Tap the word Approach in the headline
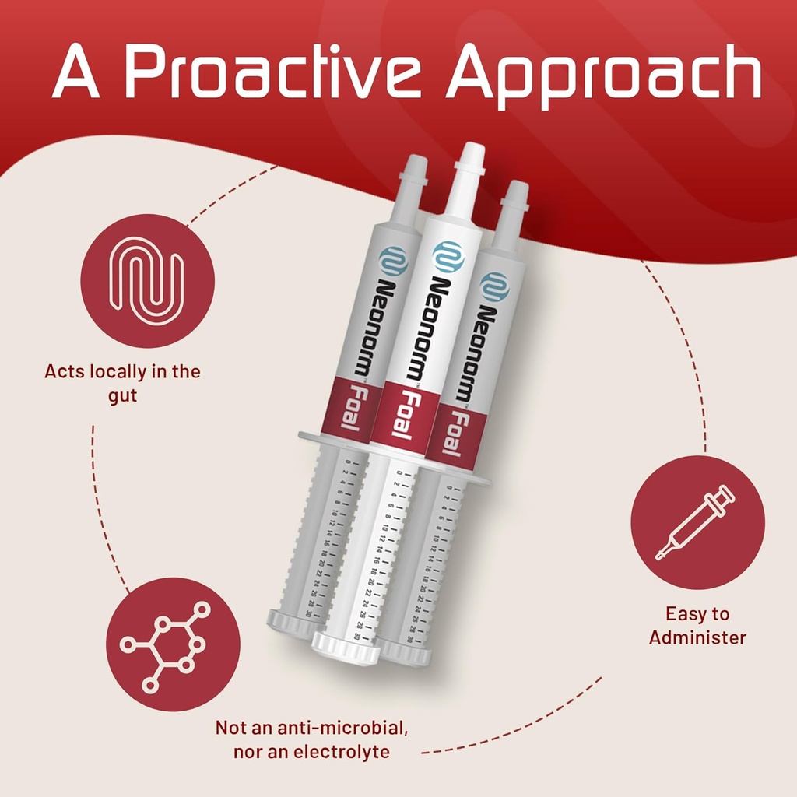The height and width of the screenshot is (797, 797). coord(603,75)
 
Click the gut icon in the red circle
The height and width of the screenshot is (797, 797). coord(146,280)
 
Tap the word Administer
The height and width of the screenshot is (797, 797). coord(698,637)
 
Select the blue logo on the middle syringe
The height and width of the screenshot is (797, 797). coord(448,257)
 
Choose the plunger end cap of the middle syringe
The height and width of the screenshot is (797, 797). coord(346,648)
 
